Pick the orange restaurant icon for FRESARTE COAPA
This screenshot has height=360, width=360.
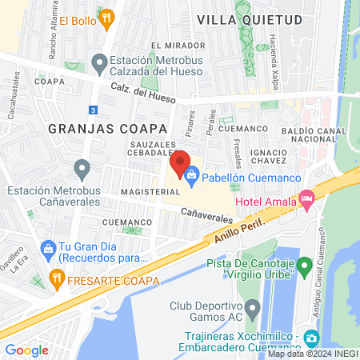coord(56,280)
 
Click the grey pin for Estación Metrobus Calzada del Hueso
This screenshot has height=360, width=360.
coord(100,62)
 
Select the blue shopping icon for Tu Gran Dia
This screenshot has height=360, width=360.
coord(48,249)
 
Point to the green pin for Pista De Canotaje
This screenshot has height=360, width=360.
coord(303,265)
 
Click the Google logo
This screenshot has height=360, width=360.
coord(26,350)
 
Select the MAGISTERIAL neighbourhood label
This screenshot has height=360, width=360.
coord(145,193)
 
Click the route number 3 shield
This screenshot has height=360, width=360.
coord(94,109)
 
